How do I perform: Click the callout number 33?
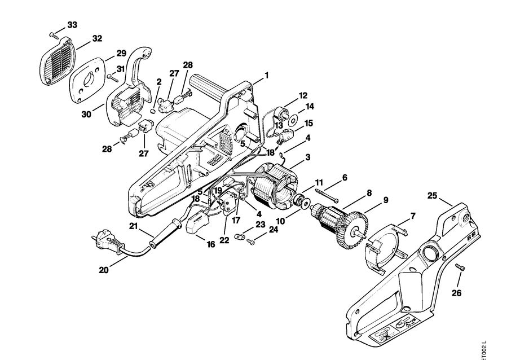click(72, 25)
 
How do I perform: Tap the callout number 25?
click(432, 196)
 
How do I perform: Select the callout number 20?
click(103, 270)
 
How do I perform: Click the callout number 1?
click(266, 74)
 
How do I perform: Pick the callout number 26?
click(456, 293)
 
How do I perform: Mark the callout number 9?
click(386, 200)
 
